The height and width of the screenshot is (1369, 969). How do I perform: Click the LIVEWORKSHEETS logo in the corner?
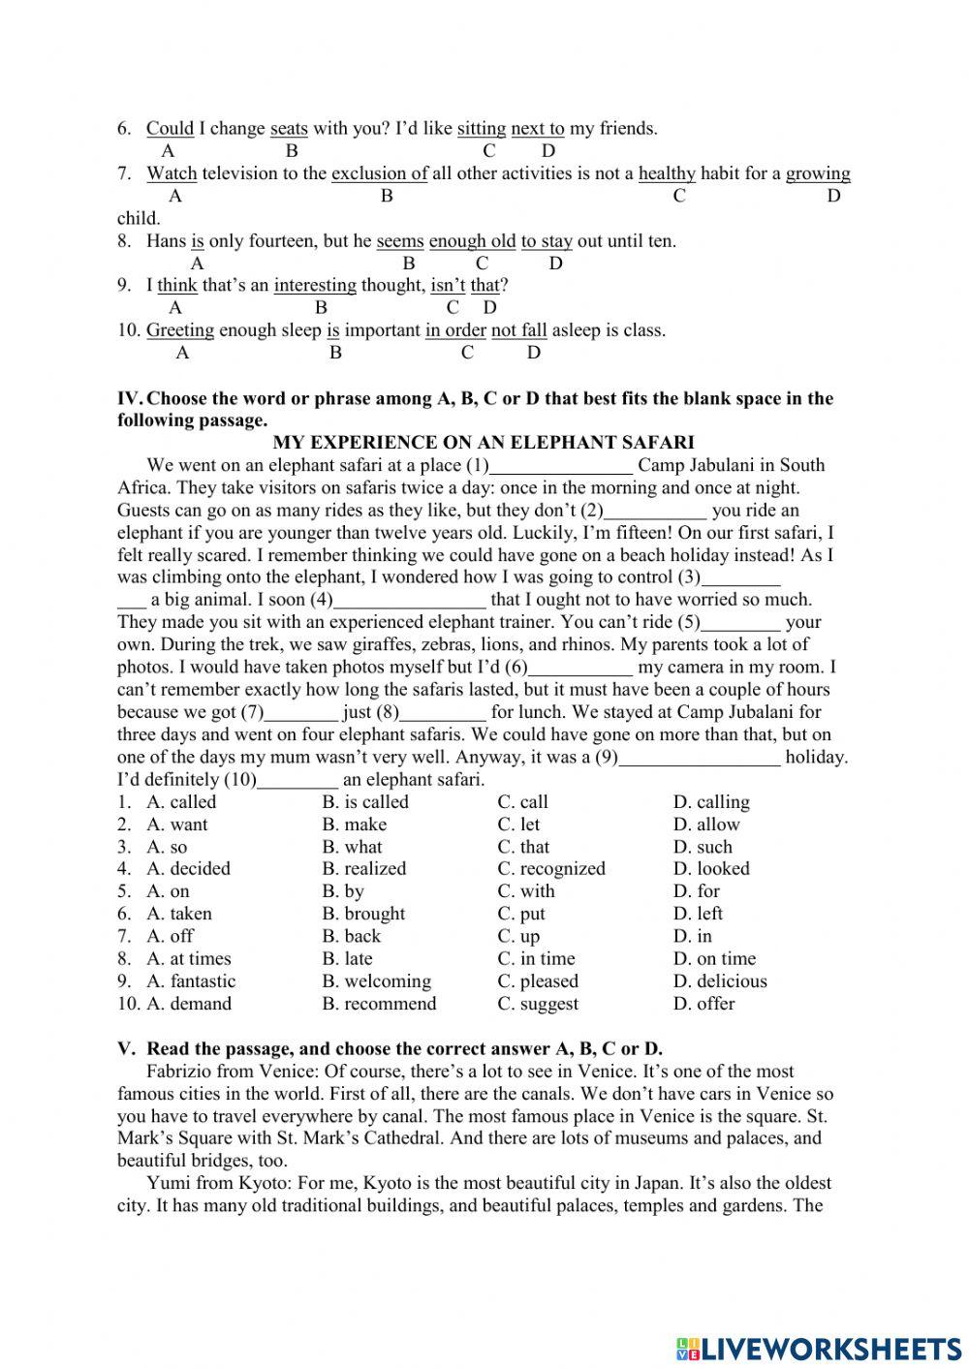point(819,1348)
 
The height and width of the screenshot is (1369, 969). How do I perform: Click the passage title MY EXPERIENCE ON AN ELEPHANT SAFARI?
point(484,443)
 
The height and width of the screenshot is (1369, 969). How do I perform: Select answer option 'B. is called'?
point(365,802)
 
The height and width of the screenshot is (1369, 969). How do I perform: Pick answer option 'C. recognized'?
point(550,869)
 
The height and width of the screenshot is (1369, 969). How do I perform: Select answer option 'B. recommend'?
point(379,1004)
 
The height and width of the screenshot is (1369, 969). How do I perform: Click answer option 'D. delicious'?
point(720,981)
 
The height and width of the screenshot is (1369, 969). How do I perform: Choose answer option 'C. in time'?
point(536,959)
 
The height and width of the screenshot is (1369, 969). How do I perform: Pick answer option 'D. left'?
point(698,914)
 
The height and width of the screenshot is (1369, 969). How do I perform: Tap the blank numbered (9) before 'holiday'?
point(699,759)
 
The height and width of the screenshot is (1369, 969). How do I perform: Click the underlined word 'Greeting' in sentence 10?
point(180,330)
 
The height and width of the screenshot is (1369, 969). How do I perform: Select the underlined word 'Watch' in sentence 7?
point(172,173)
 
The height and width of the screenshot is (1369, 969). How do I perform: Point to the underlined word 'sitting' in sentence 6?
point(482,129)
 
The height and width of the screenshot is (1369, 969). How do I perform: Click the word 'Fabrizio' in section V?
point(179,1072)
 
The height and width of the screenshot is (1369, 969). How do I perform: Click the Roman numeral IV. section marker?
point(129,398)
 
